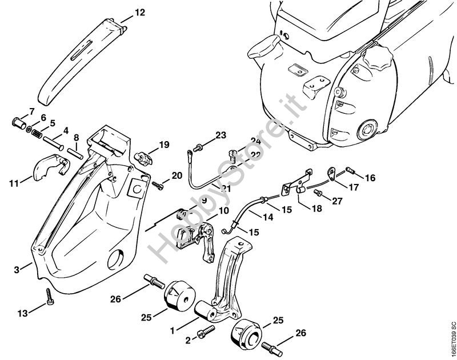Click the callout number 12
[140, 11]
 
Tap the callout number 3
[17, 269]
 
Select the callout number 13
[23, 313]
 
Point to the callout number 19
[164, 145]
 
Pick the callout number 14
[252, 217]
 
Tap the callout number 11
[13, 183]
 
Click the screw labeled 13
[50, 297]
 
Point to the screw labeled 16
[351, 171]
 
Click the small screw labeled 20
[157, 184]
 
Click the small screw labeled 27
[320, 194]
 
